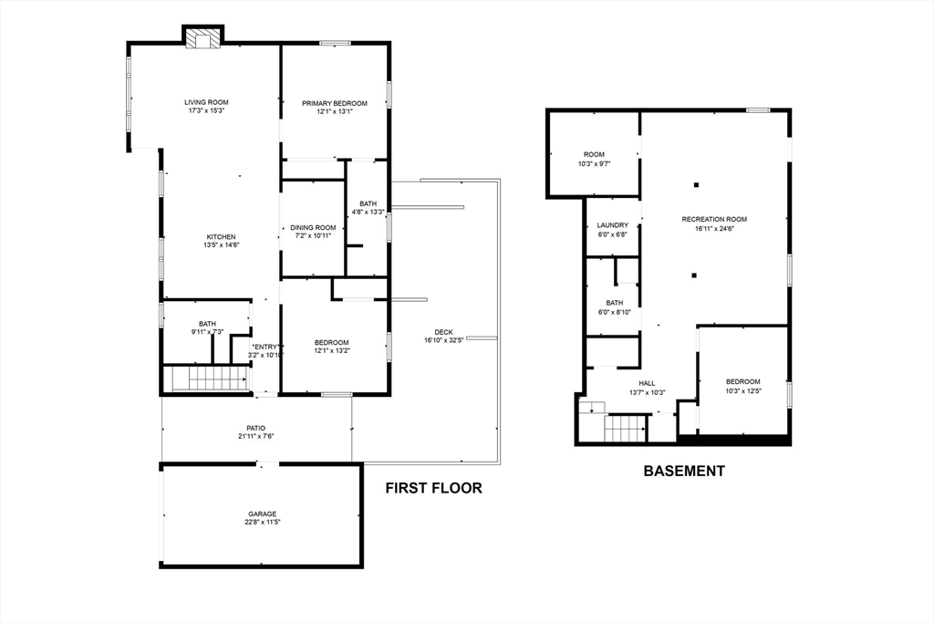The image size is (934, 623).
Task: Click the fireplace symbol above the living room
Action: coord(202,38)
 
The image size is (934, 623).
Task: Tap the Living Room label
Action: coord(206,102)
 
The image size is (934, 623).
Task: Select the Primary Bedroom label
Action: coord(335,104)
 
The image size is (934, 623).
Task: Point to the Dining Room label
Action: coord(313,227)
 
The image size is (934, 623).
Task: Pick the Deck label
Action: coord(443,332)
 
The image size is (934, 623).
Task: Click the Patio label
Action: coord(256,427)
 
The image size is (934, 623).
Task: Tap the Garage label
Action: coord(262,514)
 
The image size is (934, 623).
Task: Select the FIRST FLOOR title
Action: coord(433,488)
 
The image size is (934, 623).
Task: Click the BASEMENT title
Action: coord(684,472)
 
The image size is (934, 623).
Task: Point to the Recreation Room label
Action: coord(714,219)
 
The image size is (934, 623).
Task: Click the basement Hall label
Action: coord(647,384)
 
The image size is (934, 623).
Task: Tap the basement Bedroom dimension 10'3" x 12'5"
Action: coord(742,390)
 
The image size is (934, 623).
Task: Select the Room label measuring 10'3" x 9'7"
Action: coord(595,163)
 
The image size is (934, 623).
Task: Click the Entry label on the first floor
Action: coord(266,347)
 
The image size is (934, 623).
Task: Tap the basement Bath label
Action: coord(614,303)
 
